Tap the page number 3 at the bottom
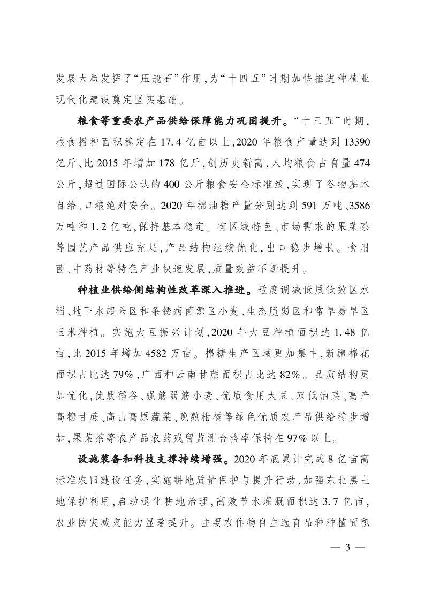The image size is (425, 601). pos(348,548)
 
